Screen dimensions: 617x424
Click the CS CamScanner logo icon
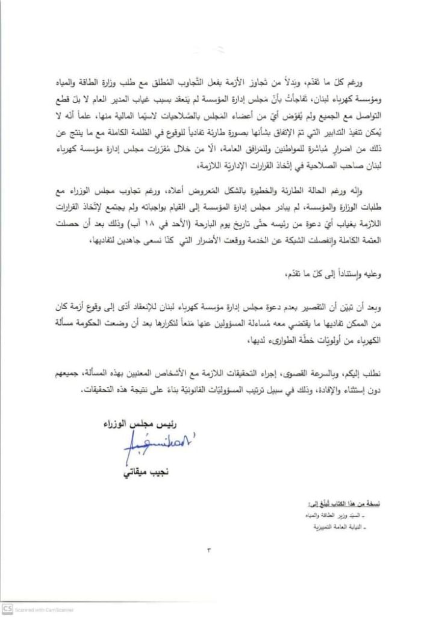pos(7,610)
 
